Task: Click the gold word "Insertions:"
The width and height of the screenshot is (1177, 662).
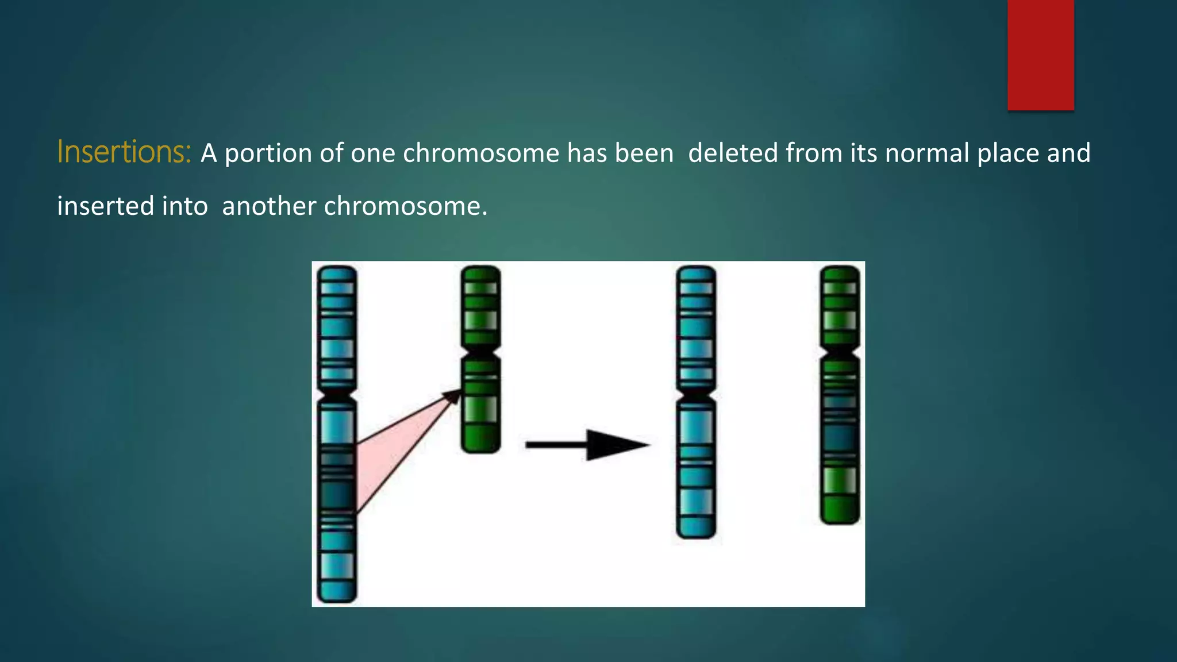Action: tap(124, 153)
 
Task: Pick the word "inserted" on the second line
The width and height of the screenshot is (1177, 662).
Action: tap(104, 206)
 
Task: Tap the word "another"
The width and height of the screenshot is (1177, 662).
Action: tap(268, 206)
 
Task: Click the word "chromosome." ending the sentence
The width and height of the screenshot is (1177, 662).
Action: tap(406, 206)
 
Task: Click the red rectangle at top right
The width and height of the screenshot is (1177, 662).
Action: tap(1040, 55)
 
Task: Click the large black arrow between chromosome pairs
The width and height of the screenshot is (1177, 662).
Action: tap(587, 445)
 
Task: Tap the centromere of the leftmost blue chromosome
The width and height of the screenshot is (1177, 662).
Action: tap(337, 395)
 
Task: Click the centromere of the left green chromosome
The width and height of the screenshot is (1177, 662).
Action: tap(480, 351)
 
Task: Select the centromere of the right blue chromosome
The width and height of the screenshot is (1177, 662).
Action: tap(696, 395)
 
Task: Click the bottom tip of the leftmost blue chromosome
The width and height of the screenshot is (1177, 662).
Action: tap(337, 598)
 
